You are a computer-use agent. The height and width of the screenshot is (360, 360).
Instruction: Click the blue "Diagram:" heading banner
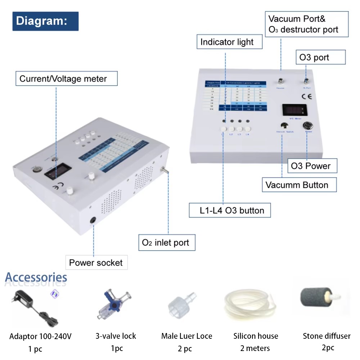pos(45,21)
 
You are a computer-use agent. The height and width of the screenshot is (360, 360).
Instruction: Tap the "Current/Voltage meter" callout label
pos(67,78)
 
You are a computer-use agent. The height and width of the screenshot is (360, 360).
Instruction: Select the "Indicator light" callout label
pos(227,42)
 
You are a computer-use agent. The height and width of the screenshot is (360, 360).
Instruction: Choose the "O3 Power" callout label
pos(310,166)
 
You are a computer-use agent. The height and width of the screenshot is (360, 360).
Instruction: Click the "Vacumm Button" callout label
pos(297,185)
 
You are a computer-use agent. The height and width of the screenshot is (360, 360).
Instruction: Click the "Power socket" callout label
pos(96,262)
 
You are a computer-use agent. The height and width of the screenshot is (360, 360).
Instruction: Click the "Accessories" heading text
pos(36,278)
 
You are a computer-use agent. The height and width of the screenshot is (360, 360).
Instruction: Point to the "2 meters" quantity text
pos(255,348)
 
